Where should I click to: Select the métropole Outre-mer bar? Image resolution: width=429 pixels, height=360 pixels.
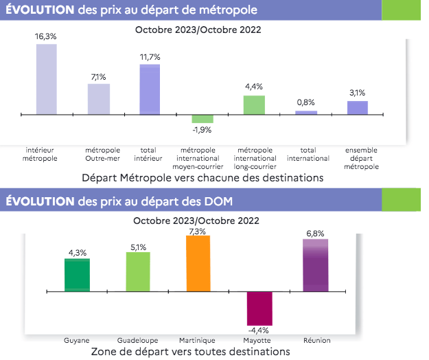tap(98, 98)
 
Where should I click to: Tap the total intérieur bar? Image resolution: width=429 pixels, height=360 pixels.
tap(150, 89)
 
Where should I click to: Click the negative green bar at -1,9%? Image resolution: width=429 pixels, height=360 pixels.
tap(202, 118)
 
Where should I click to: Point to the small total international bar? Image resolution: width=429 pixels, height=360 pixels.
tap(306, 112)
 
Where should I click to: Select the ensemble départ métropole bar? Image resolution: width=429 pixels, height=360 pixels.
tap(358, 107)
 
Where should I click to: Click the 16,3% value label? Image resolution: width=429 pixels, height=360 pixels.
tap(46, 37)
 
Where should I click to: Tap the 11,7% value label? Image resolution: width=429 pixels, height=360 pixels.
tap(150, 57)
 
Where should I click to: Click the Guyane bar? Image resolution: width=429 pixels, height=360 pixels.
tap(77, 275)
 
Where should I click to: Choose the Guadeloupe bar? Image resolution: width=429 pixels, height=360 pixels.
tap(138, 272)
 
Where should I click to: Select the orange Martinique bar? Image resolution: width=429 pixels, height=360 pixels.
tap(198, 264)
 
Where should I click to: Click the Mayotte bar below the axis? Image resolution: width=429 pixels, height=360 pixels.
tap(259, 308)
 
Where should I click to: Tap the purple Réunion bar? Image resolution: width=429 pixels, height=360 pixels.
tap(316, 265)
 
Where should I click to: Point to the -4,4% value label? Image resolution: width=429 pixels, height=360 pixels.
tap(260, 330)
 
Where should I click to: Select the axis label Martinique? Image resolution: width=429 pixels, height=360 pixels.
tap(198, 340)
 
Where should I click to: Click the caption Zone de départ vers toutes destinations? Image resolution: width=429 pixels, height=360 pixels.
tap(190, 351)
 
